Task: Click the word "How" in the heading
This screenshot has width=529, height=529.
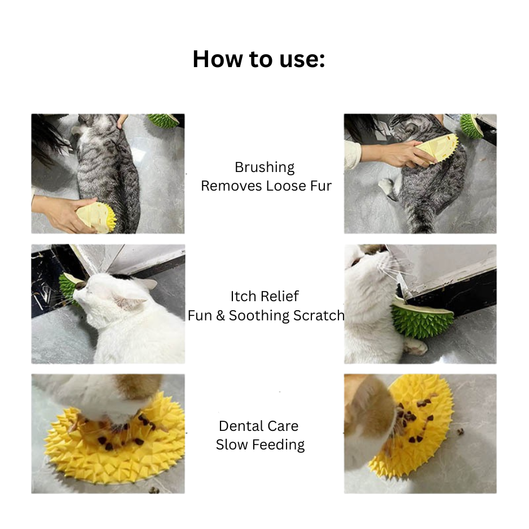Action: point(218,59)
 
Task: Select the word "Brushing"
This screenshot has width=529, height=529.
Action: point(264,167)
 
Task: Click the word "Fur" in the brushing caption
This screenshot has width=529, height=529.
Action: point(321,186)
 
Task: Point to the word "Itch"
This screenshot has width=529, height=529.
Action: point(241,296)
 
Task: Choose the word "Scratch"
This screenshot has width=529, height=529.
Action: point(319,315)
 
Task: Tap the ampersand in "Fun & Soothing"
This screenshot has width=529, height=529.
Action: point(221,316)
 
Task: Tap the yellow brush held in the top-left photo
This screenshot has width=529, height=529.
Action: point(96,217)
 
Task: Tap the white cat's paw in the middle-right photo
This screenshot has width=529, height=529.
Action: point(415,346)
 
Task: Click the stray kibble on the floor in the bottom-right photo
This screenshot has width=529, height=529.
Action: point(460,431)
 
